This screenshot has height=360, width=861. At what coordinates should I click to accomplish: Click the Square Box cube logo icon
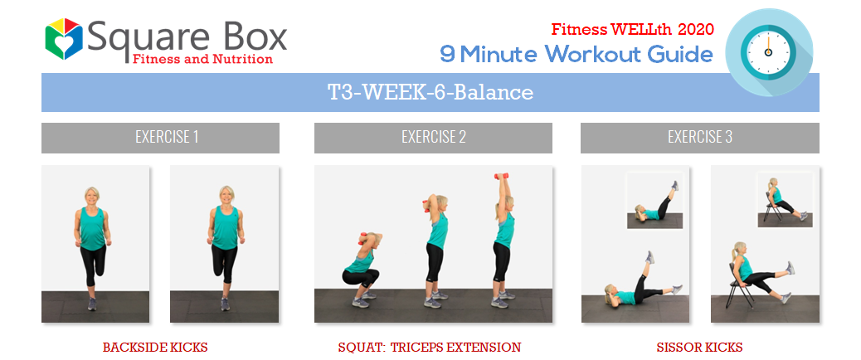tap(64, 39)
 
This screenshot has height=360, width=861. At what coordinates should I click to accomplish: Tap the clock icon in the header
tap(769, 52)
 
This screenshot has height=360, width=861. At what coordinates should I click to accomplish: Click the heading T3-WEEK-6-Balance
tap(430, 93)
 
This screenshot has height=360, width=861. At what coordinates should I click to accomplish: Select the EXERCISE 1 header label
tap(167, 137)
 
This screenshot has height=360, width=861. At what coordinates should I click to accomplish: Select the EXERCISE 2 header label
tap(433, 137)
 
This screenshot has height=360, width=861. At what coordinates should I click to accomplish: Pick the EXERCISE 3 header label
tap(700, 137)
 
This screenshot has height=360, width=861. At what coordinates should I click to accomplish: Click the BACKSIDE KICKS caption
tap(155, 348)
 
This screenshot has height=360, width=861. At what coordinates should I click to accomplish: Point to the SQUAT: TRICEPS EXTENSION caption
tap(430, 348)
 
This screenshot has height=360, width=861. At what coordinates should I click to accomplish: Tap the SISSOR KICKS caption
tap(699, 348)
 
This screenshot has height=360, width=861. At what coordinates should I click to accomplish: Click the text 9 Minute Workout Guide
tap(576, 54)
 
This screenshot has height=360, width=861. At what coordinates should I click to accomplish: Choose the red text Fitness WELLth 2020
tap(633, 29)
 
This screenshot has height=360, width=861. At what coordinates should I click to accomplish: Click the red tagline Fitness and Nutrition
tap(202, 59)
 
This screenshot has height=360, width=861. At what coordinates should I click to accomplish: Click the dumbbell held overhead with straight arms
tap(501, 177)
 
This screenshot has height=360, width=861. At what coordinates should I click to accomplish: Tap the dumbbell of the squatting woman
tap(362, 239)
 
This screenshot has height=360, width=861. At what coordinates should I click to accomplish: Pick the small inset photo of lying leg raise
tap(654, 200)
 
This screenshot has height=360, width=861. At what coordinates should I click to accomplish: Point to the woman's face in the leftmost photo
tap(91, 196)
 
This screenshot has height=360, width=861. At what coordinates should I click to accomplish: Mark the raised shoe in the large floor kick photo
tap(650, 257)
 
